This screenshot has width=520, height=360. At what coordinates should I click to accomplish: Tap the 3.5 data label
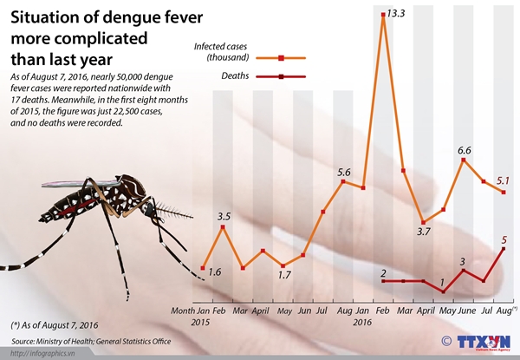[224, 215]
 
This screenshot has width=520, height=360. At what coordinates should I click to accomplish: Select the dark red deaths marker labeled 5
[504, 249]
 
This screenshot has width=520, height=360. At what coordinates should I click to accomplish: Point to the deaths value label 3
[462, 260]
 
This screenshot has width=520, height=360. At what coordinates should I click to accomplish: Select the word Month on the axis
[183, 310]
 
